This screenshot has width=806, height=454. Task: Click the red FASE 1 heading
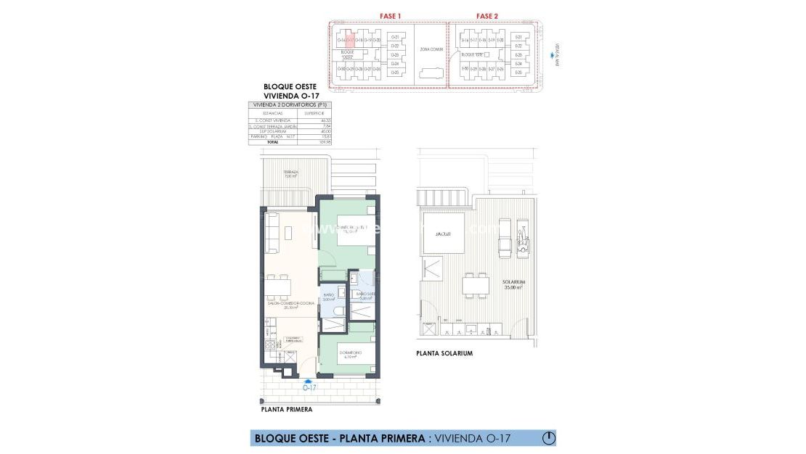(391, 15)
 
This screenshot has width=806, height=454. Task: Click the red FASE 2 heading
(487, 15)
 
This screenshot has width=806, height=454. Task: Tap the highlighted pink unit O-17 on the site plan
(350, 41)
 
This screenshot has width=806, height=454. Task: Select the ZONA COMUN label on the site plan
(431, 49)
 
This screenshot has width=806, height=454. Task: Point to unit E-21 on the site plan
(518, 37)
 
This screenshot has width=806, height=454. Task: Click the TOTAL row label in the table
(272, 142)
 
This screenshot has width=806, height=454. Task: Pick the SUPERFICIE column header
(314, 113)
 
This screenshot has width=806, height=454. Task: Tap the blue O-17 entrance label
(309, 387)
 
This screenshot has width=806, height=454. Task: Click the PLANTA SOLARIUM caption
(444, 353)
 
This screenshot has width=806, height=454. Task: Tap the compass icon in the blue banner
(549, 437)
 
